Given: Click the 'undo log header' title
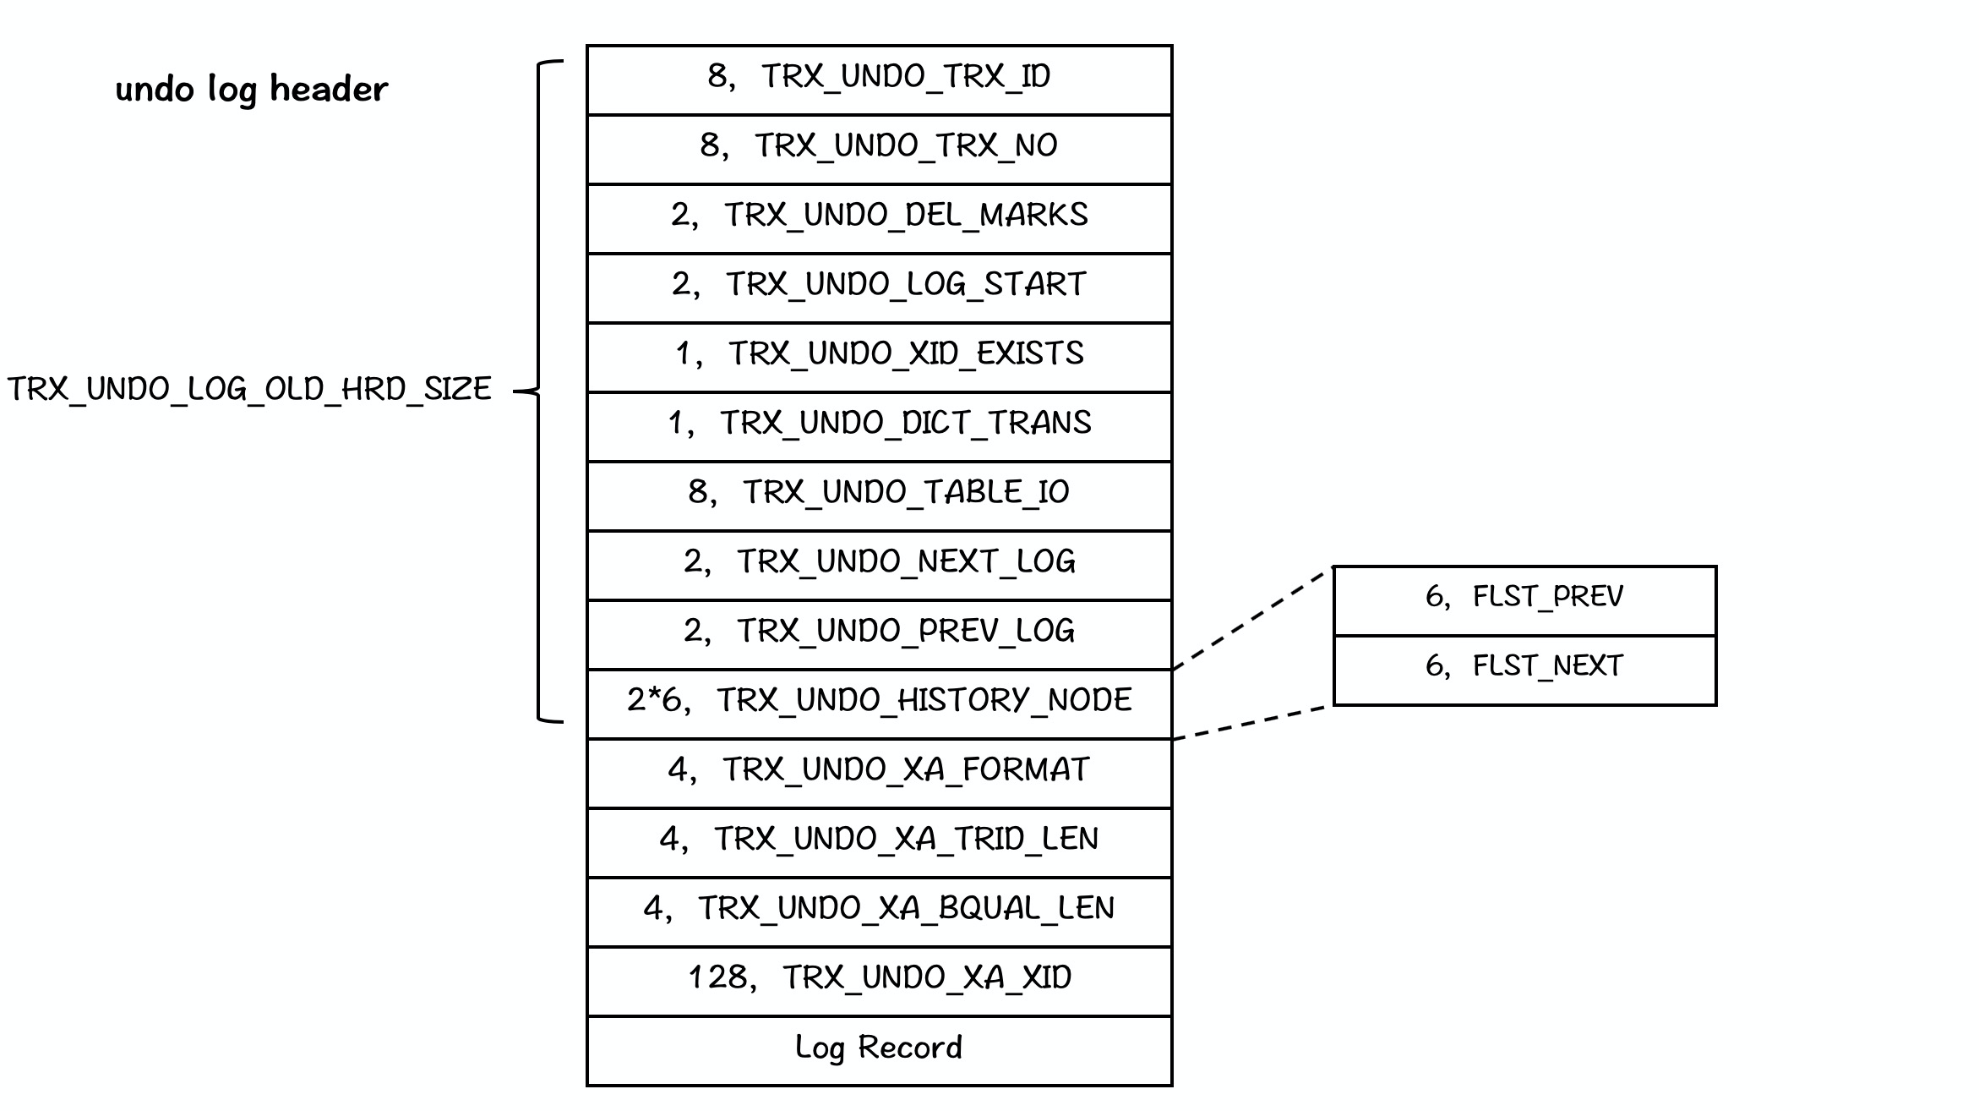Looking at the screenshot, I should point(251,89).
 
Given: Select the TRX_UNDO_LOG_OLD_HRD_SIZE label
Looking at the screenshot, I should point(249,389).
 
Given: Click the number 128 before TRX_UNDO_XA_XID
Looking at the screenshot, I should point(717,978).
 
